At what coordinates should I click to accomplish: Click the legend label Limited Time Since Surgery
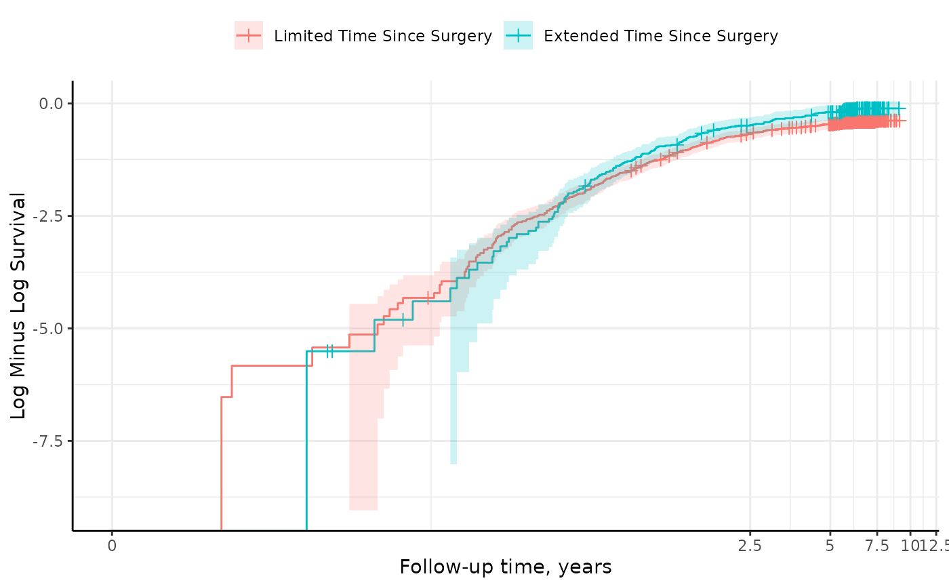pyautogui.click(x=383, y=36)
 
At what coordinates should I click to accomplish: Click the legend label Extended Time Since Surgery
pyautogui.click(x=661, y=36)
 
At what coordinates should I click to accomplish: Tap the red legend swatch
pyautogui.click(x=249, y=35)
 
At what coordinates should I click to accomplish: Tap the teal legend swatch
pyautogui.click(x=518, y=35)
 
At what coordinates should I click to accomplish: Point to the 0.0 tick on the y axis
pyautogui.click(x=49, y=104)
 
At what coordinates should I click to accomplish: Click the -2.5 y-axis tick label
pyautogui.click(x=47, y=216)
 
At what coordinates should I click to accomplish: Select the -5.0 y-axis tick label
pyautogui.click(x=47, y=329)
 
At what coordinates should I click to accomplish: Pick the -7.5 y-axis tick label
pyautogui.click(x=47, y=441)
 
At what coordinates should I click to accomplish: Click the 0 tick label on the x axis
pyautogui.click(x=112, y=544)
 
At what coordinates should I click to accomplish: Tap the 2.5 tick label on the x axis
pyautogui.click(x=750, y=544)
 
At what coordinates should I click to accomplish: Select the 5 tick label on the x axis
pyautogui.click(x=830, y=544)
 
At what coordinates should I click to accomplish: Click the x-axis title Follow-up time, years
pyautogui.click(x=505, y=567)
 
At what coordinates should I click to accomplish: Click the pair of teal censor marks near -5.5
pyautogui.click(x=329, y=350)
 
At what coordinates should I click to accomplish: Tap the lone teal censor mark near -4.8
pyautogui.click(x=403, y=319)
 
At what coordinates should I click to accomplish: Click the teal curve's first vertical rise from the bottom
pyautogui.click(x=306, y=441)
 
